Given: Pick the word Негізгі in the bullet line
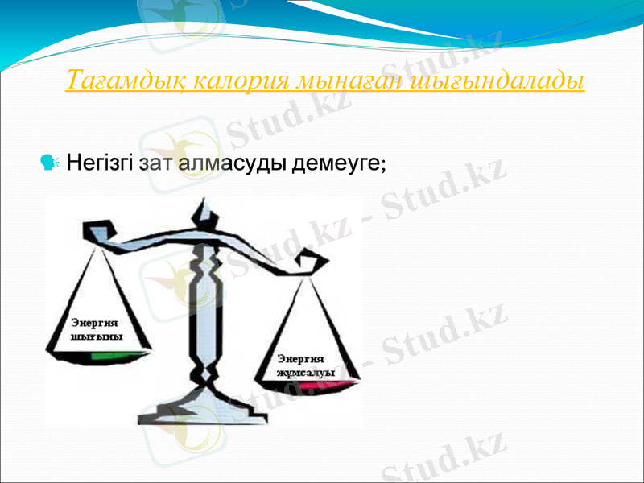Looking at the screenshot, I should pos(100,164).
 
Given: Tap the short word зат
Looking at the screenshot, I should pos(157,164).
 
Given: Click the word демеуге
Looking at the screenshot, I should pos(336,164).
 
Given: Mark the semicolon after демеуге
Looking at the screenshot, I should pos(384,166).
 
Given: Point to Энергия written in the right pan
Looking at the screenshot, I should pos(300,359).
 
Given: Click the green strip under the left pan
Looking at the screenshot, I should pos(120,354).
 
